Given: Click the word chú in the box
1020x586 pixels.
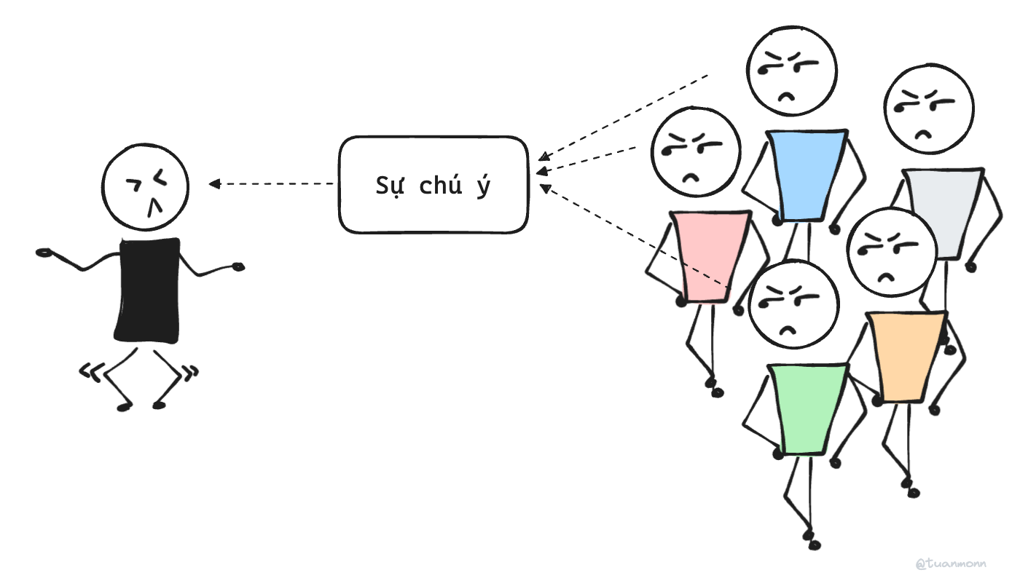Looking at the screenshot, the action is (x=441, y=186).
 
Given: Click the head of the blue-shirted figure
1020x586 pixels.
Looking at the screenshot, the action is (x=792, y=71).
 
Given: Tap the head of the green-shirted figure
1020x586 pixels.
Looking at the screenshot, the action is (x=794, y=305).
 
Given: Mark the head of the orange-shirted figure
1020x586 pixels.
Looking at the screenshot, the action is (x=892, y=252).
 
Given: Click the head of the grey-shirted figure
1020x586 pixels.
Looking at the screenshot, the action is (x=929, y=109).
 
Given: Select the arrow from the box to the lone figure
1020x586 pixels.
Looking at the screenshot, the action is (x=273, y=183).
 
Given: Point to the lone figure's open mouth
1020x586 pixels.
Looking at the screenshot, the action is (x=154, y=208).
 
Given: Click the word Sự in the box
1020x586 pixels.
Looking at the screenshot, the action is (x=389, y=186).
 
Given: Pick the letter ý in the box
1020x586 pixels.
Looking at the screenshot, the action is (x=482, y=186).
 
